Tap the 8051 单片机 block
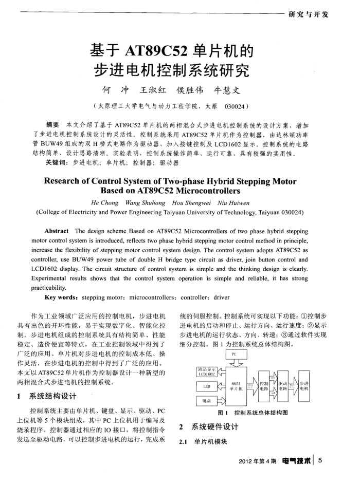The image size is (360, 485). point(237,386)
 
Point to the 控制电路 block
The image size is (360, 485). point(265,386)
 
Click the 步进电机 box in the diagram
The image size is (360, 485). point(303,386)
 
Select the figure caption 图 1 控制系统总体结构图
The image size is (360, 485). point(252,413)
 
